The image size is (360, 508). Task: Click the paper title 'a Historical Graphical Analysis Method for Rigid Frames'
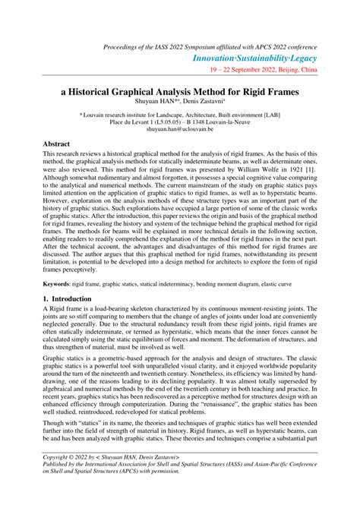(179, 90)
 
